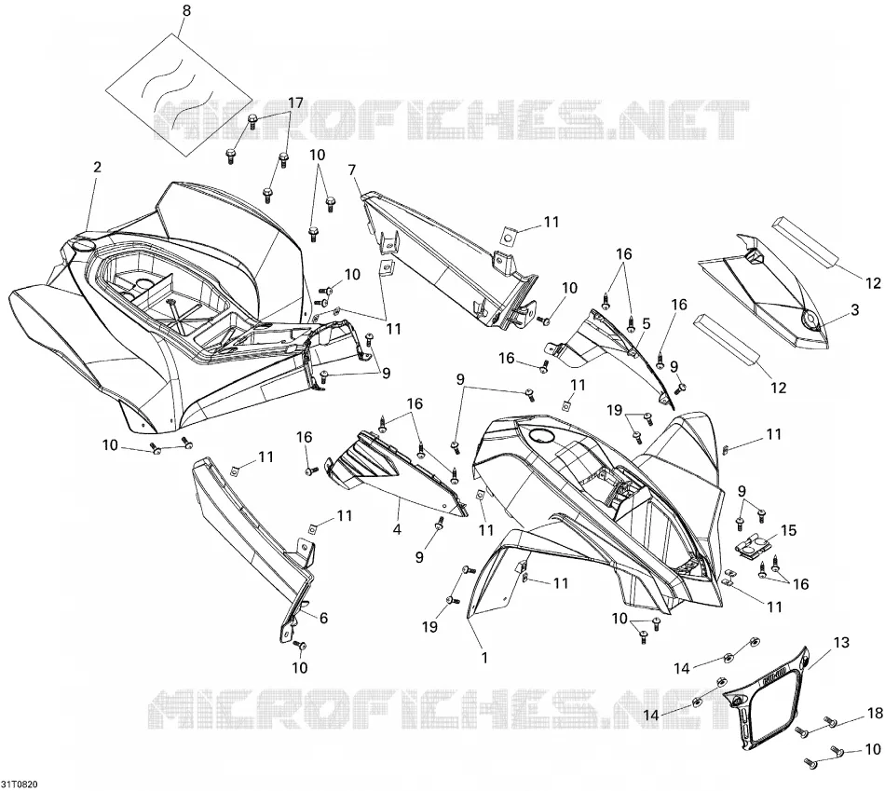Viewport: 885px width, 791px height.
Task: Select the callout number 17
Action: [295, 103]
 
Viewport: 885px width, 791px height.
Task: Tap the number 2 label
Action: [97, 167]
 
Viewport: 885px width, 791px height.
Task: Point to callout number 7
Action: [352, 170]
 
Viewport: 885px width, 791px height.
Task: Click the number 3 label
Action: [855, 309]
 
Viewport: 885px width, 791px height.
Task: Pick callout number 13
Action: [841, 643]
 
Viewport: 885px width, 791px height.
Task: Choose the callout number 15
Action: [788, 531]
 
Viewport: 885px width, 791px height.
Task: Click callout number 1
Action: [484, 658]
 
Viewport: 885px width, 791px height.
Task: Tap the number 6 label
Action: [323, 619]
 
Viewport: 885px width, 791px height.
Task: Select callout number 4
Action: [398, 529]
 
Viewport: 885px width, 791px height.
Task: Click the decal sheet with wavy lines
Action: [178, 95]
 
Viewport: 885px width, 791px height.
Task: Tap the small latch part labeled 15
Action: [755, 546]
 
